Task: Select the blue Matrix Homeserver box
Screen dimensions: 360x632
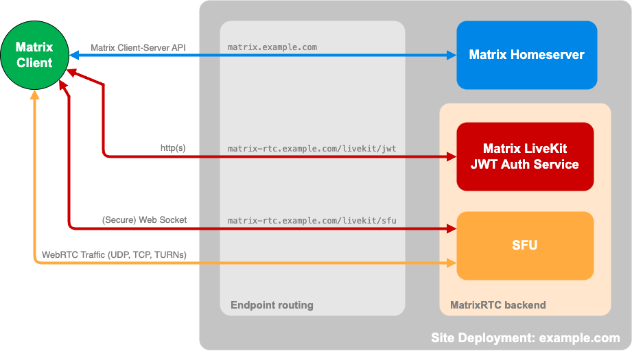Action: (x=526, y=55)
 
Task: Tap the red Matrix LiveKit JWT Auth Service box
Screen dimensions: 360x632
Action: (x=525, y=156)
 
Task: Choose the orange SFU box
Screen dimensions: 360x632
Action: (x=525, y=245)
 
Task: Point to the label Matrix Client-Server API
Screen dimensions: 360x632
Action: (x=138, y=47)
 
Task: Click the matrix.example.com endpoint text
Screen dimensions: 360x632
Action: (x=272, y=47)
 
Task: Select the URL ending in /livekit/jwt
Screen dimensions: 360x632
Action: (x=312, y=147)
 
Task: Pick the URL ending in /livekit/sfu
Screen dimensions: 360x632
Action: (x=312, y=220)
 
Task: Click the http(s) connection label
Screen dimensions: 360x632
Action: (x=173, y=147)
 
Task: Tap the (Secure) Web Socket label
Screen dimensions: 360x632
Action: (x=144, y=220)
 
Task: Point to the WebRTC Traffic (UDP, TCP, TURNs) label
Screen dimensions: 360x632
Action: (x=114, y=254)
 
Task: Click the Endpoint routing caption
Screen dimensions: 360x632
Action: (x=272, y=305)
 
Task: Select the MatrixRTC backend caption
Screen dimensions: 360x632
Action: (x=498, y=305)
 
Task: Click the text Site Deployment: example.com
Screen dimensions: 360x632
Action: (x=525, y=338)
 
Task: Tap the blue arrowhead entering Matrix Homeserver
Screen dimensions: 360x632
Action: (x=452, y=55)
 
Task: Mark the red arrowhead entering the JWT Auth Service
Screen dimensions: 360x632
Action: (x=452, y=157)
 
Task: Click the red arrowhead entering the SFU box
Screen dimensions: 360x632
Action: (x=452, y=228)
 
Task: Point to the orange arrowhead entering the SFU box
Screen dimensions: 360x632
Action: (x=452, y=263)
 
